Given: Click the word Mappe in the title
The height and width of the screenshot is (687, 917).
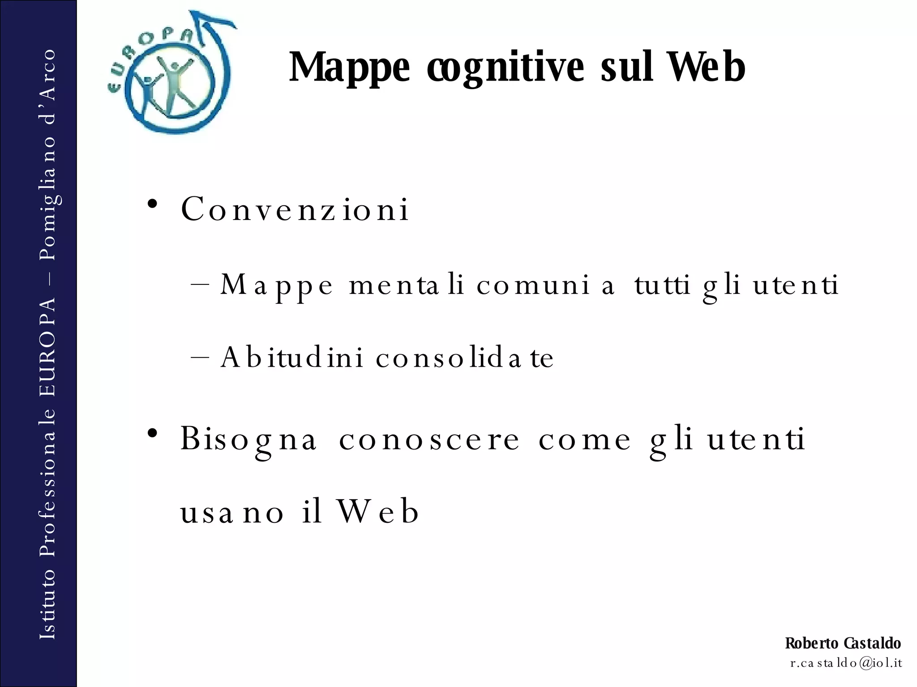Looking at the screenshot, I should click(x=349, y=68).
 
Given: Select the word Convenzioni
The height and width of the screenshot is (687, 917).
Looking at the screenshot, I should click(x=295, y=209).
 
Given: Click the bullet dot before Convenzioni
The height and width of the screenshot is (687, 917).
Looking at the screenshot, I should click(x=153, y=204).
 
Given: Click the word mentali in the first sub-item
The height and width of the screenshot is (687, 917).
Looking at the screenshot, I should click(x=406, y=285).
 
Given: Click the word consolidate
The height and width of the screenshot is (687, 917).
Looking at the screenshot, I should click(x=465, y=357).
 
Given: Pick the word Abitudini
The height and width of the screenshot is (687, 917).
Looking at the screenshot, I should click(x=291, y=357).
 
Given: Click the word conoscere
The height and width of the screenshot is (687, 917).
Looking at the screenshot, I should click(x=429, y=439).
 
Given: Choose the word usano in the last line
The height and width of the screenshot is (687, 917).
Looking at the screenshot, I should click(x=232, y=512).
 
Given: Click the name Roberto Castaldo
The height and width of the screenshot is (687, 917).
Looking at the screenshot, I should click(x=843, y=643).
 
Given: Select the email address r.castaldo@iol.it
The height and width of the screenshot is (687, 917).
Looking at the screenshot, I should click(x=846, y=663).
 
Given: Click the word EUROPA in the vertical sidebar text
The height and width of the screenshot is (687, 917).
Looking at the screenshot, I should click(x=47, y=347).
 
